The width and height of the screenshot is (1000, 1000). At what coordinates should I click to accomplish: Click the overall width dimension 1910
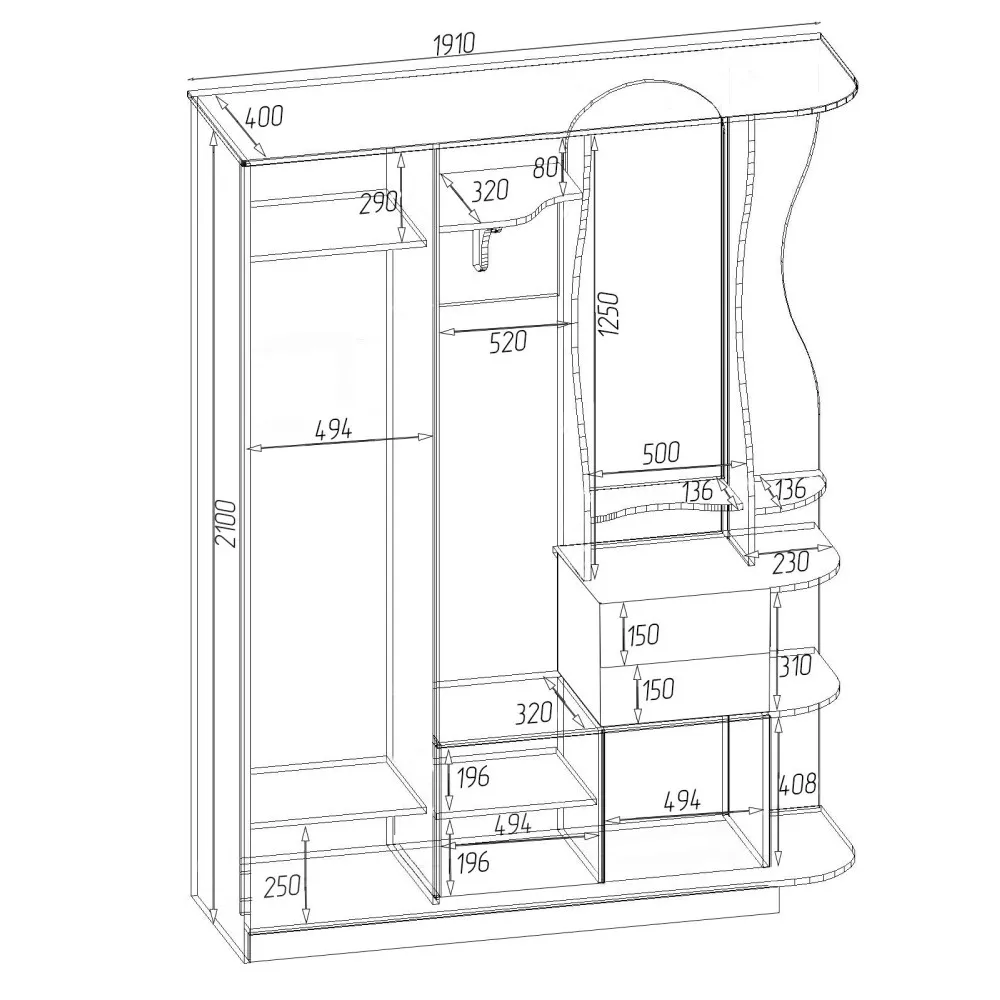pos(454,44)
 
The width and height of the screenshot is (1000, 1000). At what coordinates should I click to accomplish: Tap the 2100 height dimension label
pos(226,523)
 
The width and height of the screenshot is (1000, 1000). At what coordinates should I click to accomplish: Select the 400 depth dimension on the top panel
pos(264,117)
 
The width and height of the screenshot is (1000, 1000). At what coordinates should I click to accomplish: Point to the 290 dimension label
pos(378,203)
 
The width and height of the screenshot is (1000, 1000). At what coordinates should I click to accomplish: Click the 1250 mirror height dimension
pos(609,314)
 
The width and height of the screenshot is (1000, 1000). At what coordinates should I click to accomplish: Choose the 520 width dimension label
pos(508,342)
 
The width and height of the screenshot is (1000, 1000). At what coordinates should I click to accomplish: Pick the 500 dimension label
pos(661,453)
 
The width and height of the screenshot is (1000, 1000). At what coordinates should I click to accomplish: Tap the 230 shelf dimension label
pos(790,562)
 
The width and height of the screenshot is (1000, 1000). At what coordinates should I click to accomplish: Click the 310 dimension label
pos(795,665)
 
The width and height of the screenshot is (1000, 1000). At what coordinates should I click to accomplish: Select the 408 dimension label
pos(797,783)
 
